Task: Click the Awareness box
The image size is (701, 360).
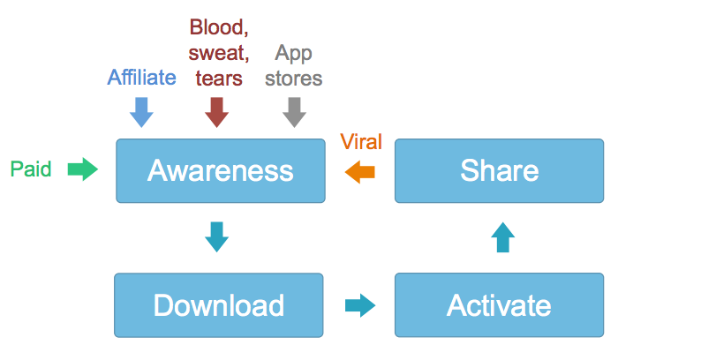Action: tap(221, 170)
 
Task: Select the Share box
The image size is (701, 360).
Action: tap(500, 170)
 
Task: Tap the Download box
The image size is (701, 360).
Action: tap(219, 305)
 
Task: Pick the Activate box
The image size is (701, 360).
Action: tap(500, 305)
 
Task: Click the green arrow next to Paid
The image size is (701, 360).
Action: tap(83, 169)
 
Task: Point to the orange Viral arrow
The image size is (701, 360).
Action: tap(360, 172)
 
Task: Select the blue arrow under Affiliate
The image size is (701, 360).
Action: tap(141, 113)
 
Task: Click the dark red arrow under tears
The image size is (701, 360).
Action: tap(217, 113)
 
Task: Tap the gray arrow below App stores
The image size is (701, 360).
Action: tap(294, 113)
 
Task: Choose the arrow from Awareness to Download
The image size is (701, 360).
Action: tap(217, 237)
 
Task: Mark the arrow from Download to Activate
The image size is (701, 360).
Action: tap(360, 305)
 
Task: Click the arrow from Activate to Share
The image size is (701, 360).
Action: tap(503, 237)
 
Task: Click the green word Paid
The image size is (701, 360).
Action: tap(31, 169)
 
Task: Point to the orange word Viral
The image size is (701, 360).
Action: tap(361, 142)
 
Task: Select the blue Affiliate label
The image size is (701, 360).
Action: tap(142, 78)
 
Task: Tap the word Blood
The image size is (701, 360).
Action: tap(219, 27)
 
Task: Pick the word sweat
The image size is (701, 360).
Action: tap(219, 53)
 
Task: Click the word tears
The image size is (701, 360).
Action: tap(219, 79)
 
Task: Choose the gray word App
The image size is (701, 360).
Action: tap(293, 54)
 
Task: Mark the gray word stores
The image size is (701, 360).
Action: tap(294, 79)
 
